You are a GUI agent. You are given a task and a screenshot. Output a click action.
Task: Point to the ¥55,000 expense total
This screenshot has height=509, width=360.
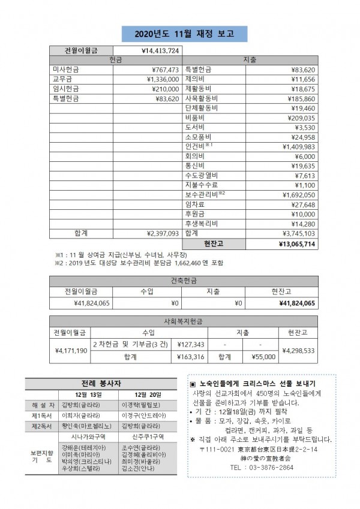coord(263,357)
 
